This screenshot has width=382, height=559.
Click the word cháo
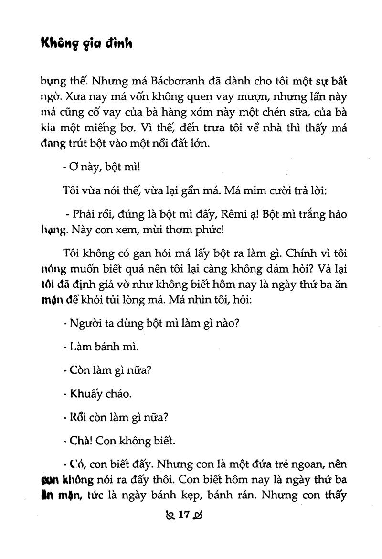click(117, 394)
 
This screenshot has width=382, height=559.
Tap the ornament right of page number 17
click(200, 516)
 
